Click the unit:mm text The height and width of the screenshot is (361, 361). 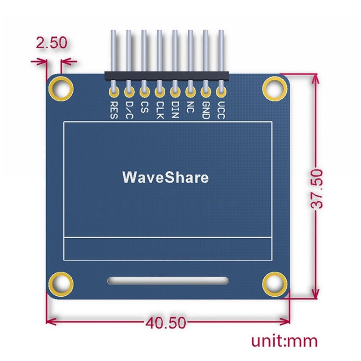284,341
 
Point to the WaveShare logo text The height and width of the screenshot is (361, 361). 166,177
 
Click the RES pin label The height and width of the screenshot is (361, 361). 114,109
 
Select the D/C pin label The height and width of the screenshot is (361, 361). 129,109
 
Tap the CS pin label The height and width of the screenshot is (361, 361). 144,106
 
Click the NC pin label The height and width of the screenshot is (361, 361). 191,106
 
